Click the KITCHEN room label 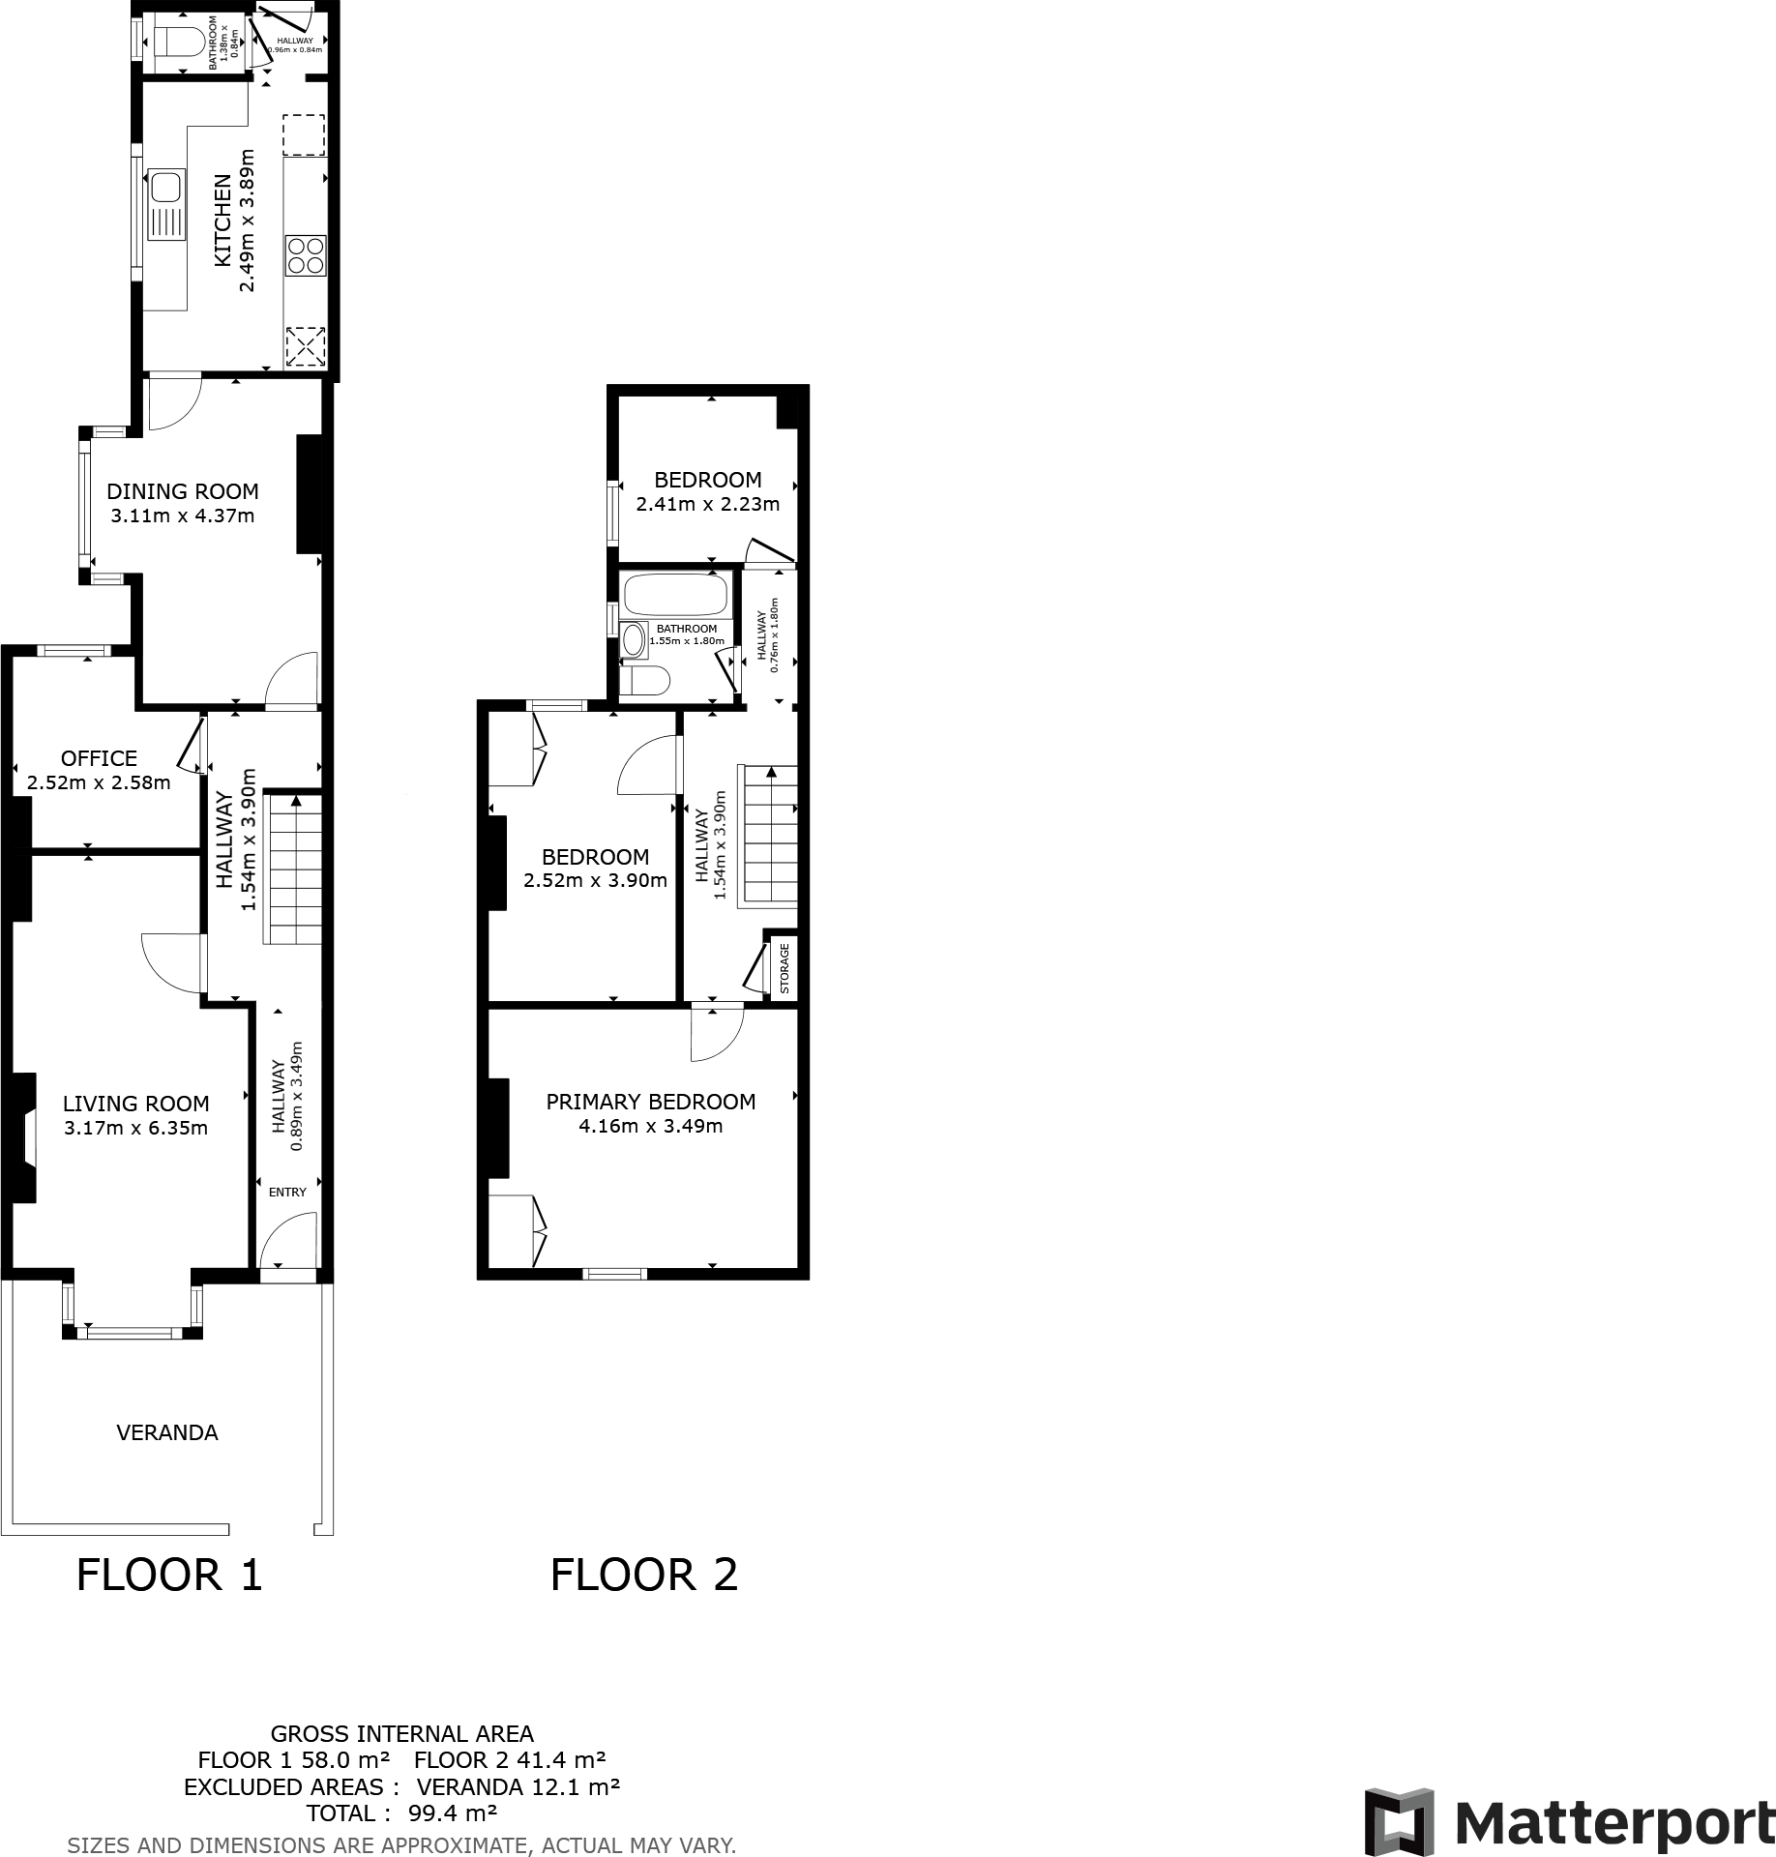222,221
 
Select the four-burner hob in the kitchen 306,255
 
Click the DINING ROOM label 182,490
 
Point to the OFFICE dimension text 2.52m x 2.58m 99,782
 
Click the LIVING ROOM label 135,1104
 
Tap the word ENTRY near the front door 287,1192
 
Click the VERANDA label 166,1432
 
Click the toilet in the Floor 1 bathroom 178,42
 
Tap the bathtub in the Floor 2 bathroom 675,594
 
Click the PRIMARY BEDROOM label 650,1102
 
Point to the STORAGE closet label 784,968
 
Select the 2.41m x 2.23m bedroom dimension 707,504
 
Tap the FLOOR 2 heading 643,1575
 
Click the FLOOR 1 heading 169,1575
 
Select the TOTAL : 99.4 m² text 401,1813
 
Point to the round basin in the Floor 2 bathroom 634,639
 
